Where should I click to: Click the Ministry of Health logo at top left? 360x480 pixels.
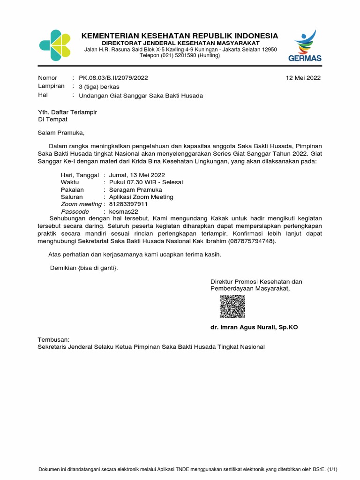(x=55, y=45)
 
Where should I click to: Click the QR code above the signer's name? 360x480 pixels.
(x=232, y=307)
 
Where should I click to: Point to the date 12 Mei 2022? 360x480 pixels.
(x=303, y=78)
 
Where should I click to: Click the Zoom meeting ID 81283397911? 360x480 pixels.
(x=128, y=204)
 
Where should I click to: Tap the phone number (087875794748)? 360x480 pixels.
(x=252, y=241)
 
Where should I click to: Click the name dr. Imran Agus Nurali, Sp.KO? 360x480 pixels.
(x=254, y=327)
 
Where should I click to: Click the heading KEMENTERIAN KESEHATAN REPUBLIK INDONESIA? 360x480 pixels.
(x=180, y=36)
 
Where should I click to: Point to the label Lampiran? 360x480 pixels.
(x=51, y=87)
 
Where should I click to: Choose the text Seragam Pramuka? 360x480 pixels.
(x=135, y=190)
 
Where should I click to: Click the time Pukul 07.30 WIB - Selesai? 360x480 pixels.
(x=146, y=182)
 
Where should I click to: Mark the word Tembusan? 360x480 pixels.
(x=53, y=339)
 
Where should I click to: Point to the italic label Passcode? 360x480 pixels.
(x=75, y=212)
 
